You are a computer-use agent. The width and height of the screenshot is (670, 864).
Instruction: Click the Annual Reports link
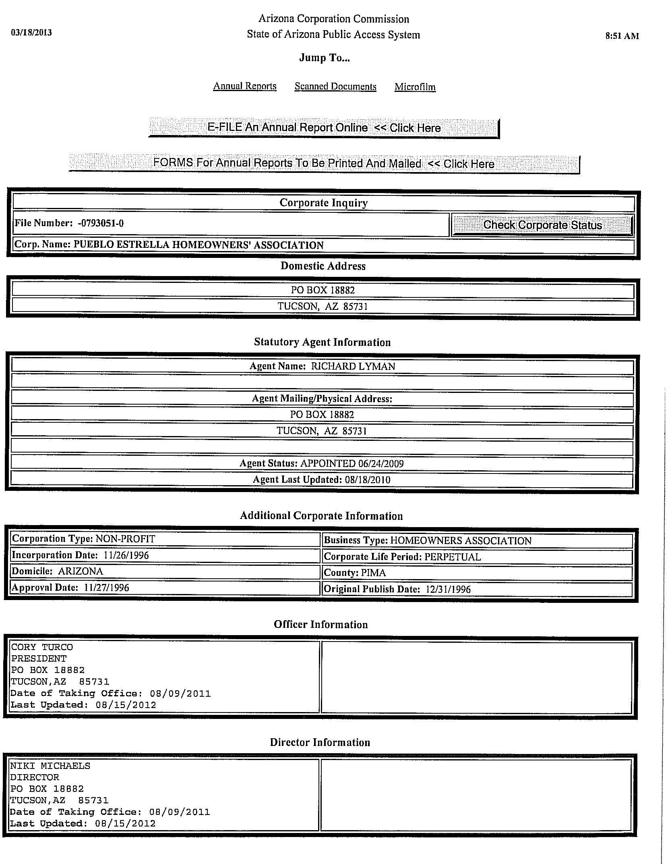[244, 86]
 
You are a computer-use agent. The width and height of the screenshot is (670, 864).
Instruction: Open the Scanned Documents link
[335, 86]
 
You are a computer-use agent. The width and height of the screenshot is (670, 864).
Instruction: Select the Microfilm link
[415, 87]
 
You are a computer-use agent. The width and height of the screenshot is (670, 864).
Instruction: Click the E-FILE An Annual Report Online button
[324, 128]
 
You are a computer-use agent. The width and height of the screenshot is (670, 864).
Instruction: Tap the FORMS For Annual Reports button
[324, 163]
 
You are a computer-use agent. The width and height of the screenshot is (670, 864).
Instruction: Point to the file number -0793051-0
[101, 223]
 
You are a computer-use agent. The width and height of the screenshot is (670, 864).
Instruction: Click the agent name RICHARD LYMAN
[353, 366]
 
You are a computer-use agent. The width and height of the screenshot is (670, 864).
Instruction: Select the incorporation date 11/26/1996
[126, 555]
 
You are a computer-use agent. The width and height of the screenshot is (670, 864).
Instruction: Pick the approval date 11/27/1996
[107, 588]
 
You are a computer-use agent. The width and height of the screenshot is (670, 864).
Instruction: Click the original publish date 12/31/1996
[448, 589]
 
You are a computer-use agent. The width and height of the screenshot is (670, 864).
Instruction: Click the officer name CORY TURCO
[42, 647]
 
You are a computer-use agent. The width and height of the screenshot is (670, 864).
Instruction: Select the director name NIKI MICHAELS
[50, 766]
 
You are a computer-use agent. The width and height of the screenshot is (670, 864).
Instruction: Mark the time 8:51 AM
[622, 36]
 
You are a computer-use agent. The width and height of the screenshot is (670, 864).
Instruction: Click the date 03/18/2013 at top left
[31, 32]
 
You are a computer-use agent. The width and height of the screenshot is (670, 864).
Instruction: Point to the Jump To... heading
[324, 58]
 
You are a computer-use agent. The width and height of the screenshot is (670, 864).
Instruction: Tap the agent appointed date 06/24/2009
[380, 463]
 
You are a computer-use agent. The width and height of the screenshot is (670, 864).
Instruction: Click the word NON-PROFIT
[125, 539]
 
